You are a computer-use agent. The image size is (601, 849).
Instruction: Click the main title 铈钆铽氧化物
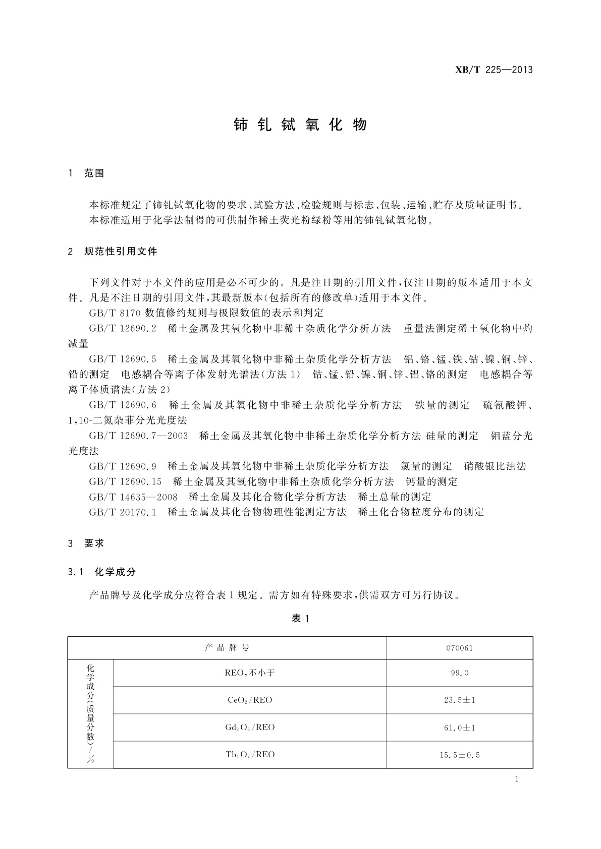click(x=300, y=125)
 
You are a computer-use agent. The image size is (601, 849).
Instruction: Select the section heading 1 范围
click(x=86, y=173)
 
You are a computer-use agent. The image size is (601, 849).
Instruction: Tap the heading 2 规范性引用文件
click(x=113, y=251)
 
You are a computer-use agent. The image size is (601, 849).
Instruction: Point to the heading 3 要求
click(x=86, y=543)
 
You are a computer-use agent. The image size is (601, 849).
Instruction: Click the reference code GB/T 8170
click(x=115, y=313)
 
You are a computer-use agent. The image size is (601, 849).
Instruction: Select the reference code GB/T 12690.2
click(x=123, y=329)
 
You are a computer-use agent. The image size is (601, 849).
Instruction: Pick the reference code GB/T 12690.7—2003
click(x=138, y=436)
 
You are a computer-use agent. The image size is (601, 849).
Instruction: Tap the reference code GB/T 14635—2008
click(x=133, y=497)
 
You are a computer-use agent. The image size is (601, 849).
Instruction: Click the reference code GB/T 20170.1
click(x=123, y=512)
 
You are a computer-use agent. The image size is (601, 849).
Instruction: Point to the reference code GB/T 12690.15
click(x=125, y=482)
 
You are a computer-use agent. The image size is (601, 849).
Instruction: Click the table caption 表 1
click(x=300, y=619)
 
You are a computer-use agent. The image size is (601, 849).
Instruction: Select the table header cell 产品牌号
click(x=227, y=648)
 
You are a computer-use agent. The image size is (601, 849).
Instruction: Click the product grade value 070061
click(x=459, y=648)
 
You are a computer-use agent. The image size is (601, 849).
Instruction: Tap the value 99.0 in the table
click(x=459, y=673)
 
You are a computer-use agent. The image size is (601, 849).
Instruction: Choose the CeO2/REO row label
click(x=250, y=700)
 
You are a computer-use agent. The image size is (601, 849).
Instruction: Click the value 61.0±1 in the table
click(x=459, y=727)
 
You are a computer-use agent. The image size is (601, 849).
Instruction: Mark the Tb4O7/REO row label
click(x=250, y=755)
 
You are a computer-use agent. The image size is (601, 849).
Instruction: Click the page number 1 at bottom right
click(x=517, y=779)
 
